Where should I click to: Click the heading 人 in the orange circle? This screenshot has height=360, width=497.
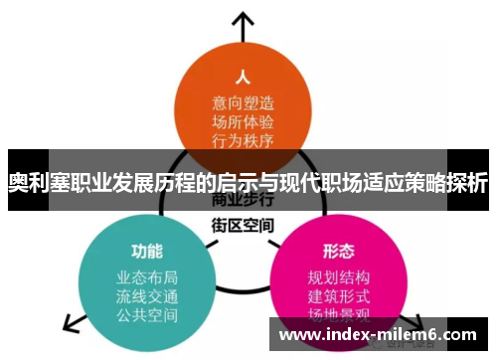coord(241,76)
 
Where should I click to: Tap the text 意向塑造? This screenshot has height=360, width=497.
coord(243,100)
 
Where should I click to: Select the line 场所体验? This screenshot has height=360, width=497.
coord(243,120)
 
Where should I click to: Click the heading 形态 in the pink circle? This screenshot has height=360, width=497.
coord(339,248)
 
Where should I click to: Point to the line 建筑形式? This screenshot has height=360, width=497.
coord(339,296)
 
